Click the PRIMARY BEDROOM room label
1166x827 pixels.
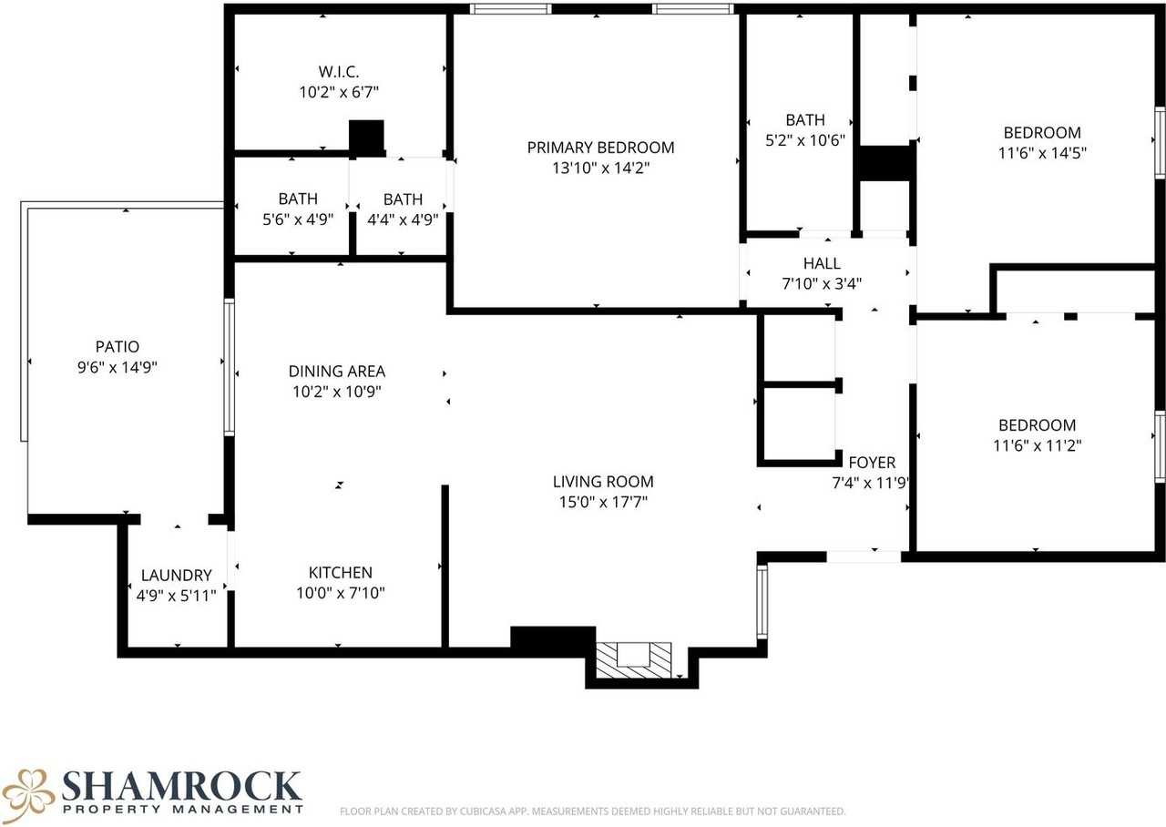[x=600, y=148]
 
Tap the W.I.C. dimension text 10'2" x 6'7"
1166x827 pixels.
[x=339, y=91]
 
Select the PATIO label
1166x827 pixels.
[x=118, y=346]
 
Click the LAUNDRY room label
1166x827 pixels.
[x=176, y=576]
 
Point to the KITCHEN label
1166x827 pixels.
[x=340, y=572]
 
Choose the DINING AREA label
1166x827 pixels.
[x=336, y=371]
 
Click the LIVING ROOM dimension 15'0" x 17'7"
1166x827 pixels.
[x=603, y=502]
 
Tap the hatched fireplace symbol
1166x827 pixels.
[x=633, y=659]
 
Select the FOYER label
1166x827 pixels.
[x=872, y=463]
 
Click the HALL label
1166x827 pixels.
[x=822, y=264]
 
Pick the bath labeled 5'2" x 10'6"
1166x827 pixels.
[x=805, y=129]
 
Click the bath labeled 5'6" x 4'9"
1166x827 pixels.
[x=298, y=209]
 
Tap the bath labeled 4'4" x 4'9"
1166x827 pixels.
[x=403, y=209]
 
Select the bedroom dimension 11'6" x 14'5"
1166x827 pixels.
[x=1041, y=153]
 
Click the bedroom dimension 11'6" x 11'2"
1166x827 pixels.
[x=1037, y=445]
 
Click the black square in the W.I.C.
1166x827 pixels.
[x=367, y=136]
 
